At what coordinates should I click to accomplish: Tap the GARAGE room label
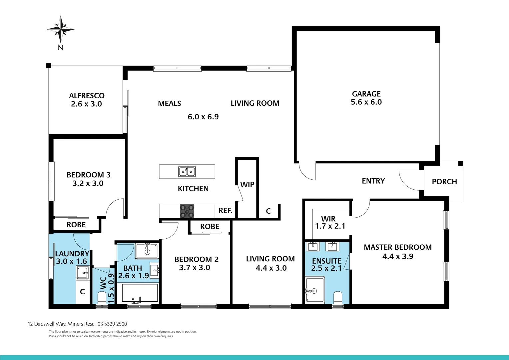366,94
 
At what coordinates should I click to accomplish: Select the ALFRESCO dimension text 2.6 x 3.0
86,104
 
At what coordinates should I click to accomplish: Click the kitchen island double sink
187,172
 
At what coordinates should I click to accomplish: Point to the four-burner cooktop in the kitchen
187,211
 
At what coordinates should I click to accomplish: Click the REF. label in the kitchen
225,211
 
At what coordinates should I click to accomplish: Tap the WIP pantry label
247,185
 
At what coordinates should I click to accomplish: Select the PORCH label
444,182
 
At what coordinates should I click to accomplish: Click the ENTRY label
373,181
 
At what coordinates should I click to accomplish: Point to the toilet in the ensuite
338,297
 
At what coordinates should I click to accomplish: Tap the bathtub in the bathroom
140,293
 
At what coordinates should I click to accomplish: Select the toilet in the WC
102,297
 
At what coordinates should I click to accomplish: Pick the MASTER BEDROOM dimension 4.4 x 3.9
398,256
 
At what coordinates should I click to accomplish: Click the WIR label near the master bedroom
328,219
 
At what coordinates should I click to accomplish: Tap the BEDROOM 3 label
88,175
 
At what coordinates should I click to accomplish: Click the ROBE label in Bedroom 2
210,227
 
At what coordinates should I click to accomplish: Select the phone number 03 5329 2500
112,324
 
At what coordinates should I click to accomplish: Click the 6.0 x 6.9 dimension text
203,117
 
